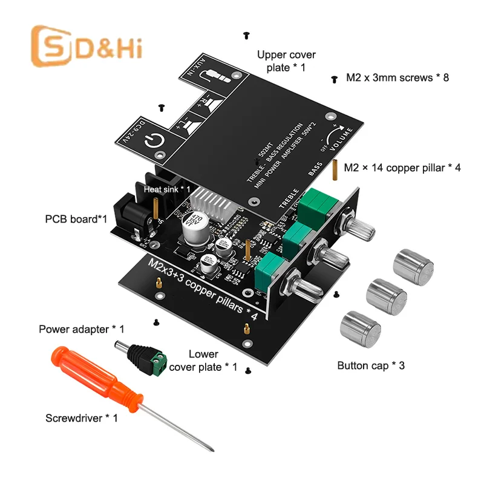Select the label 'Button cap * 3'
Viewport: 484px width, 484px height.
(x=370, y=365)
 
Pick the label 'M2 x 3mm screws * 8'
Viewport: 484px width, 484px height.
(x=397, y=77)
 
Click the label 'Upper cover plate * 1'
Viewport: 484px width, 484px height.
(x=286, y=61)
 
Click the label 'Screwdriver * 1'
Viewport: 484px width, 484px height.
(x=82, y=417)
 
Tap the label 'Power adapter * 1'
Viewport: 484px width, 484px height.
(x=81, y=329)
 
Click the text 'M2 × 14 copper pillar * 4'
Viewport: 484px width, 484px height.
(x=402, y=168)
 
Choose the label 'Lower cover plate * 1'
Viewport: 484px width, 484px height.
(x=203, y=361)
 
